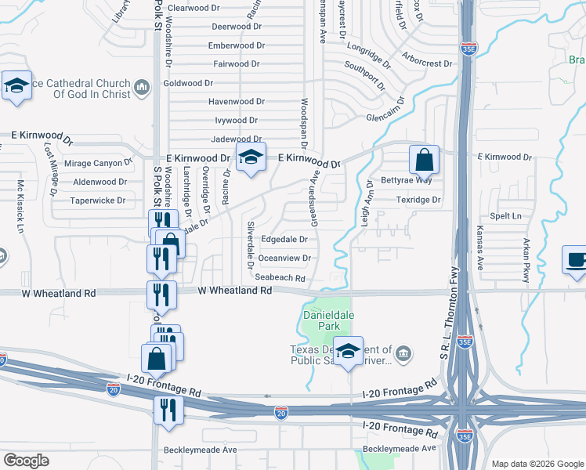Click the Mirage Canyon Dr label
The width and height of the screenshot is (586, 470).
pyautogui.click(x=98, y=163)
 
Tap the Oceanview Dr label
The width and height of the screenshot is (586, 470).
pyautogui.click(x=284, y=258)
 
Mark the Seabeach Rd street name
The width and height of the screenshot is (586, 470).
pyautogui.click(x=279, y=277)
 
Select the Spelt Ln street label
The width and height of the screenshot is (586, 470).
pyautogui.click(x=505, y=215)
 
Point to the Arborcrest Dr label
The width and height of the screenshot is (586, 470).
pyautogui.click(x=426, y=63)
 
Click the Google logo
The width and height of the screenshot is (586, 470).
pyautogui.click(x=27, y=460)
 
